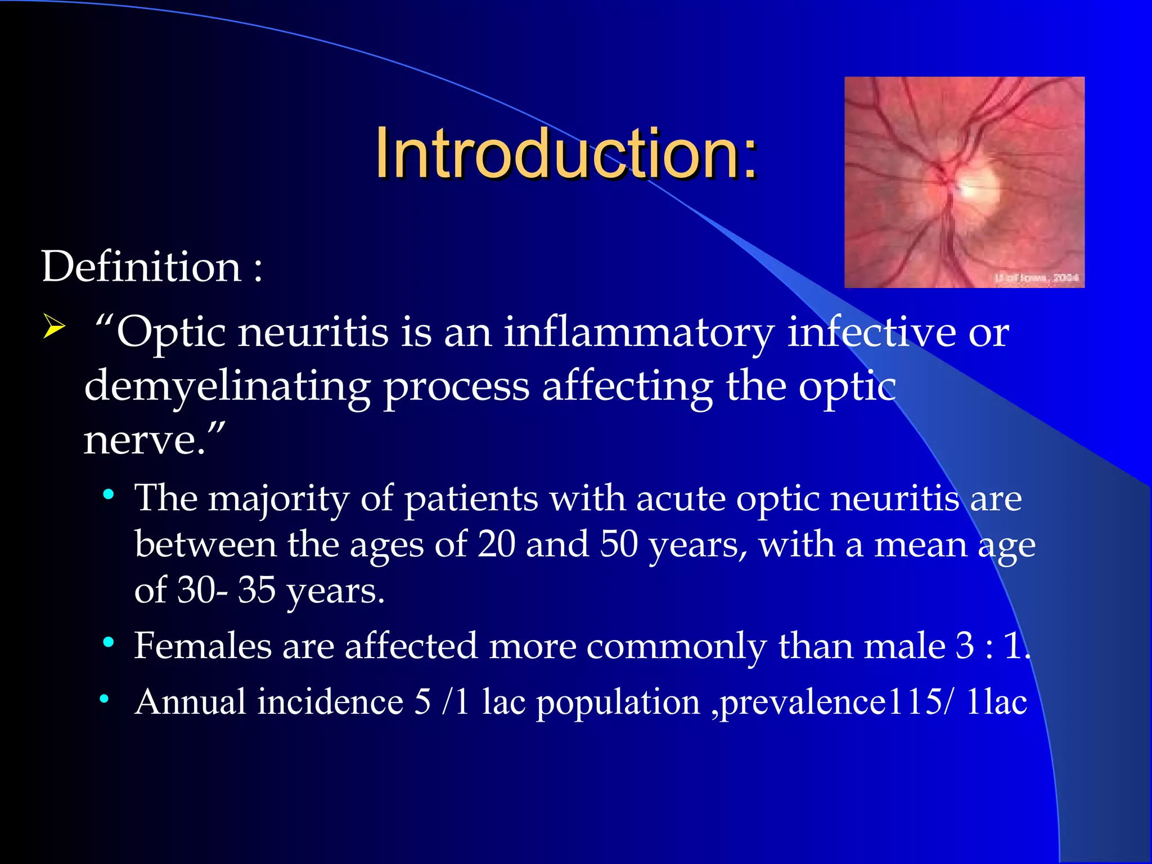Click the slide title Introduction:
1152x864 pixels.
coord(567,154)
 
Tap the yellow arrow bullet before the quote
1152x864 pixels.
coord(54,327)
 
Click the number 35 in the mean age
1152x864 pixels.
coord(256,590)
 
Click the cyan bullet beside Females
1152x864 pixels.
coord(109,642)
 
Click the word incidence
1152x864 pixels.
coord(331,701)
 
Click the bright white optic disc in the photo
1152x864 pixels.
coord(978,184)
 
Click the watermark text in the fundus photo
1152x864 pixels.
coord(1037,277)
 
